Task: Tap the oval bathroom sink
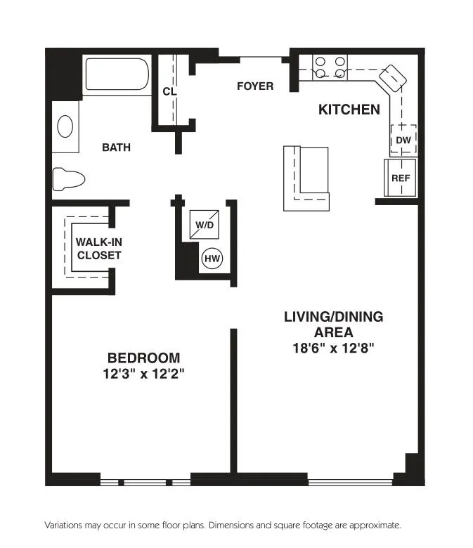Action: point(65,126)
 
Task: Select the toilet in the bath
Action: point(69,179)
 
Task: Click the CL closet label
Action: point(169,91)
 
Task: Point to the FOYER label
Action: point(255,86)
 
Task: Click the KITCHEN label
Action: point(349,110)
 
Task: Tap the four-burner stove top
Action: point(330,67)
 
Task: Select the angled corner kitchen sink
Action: point(393,78)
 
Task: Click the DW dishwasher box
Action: point(403,140)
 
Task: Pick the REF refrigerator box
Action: point(401,178)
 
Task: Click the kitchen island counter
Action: point(306,178)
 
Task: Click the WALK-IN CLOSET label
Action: point(99,248)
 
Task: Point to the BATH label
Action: point(116,148)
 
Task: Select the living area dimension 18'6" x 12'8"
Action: point(333,347)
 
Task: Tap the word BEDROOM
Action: point(143,358)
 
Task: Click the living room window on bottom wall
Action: point(349,481)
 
